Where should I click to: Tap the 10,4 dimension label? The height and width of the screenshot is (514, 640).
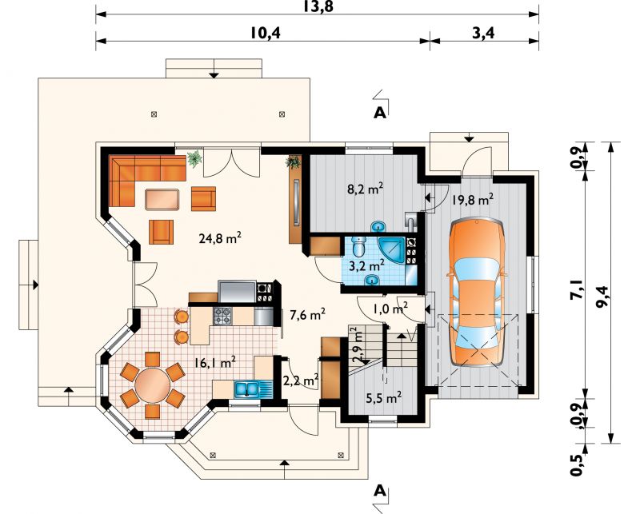266,33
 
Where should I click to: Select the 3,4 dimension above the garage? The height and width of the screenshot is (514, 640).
484,33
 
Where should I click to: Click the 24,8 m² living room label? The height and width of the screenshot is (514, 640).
219,237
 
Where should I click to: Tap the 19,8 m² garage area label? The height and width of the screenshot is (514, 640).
473,200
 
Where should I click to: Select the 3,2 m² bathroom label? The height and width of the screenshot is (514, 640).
367,266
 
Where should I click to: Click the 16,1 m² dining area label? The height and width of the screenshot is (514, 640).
214,362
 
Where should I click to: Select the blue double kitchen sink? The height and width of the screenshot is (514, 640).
247,388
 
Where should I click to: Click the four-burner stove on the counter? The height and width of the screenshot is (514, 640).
222,316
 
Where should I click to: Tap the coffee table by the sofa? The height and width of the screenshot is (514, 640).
162,199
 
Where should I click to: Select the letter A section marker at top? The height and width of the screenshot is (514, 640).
380,113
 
